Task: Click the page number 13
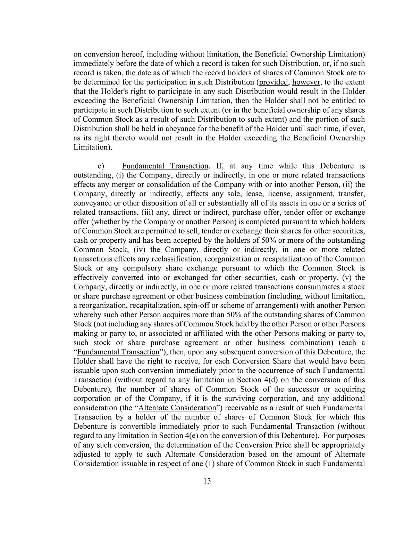pos(207,481)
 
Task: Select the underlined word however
pos(306,82)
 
